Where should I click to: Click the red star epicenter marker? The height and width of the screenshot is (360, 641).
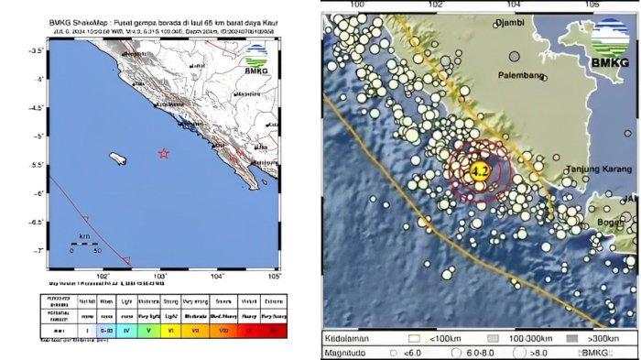click(x=164, y=153)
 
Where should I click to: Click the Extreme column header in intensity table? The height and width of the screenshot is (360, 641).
click(x=272, y=300)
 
